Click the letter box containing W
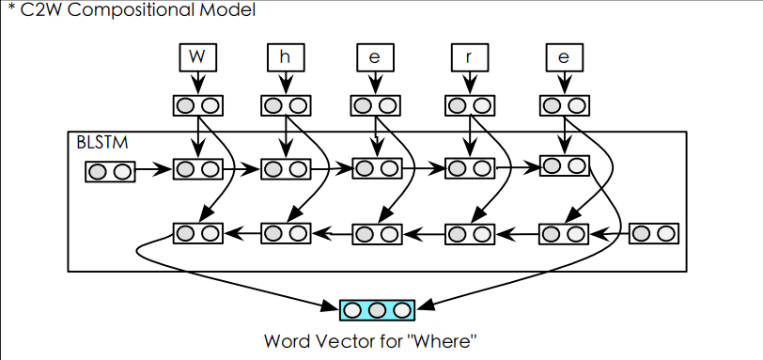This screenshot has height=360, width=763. (x=196, y=57)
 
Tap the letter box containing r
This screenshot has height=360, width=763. (x=469, y=57)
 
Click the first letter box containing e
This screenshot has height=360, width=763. (x=375, y=57)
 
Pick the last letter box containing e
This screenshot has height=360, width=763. (x=564, y=57)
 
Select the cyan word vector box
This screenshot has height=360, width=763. (x=377, y=308)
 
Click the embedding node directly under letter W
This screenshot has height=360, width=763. (x=197, y=104)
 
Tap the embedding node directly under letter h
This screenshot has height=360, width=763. (x=286, y=104)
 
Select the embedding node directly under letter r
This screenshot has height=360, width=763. (x=469, y=104)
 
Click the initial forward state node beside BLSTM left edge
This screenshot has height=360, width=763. (x=110, y=171)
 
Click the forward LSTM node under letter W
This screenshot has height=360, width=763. (x=197, y=169)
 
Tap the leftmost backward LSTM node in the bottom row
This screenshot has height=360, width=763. (x=197, y=233)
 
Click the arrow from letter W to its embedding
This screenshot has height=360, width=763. (x=196, y=84)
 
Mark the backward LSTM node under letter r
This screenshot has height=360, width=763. (x=469, y=233)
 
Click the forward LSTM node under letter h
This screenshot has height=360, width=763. (x=286, y=169)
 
